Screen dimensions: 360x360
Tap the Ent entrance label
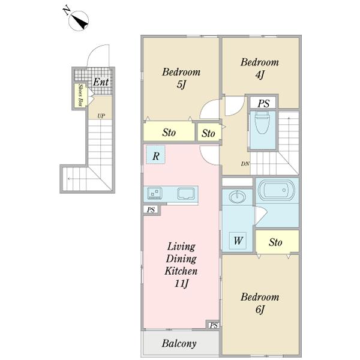coord(101,82)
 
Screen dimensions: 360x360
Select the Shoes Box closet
coord(80,95)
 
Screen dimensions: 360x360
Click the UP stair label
coord(101,116)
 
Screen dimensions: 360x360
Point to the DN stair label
coord(245,164)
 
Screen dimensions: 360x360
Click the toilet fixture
coord(262,122)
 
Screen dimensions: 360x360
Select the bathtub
coord(277,190)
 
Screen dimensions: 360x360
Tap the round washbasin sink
coord(238,197)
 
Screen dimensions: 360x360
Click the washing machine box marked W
coord(238,241)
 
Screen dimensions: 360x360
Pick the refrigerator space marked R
coord(155,154)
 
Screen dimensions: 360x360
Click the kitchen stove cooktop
coord(155,193)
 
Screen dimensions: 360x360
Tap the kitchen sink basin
coord(186,193)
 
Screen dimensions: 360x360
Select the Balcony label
coord(179,344)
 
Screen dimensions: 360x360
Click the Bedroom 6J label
coord(260,303)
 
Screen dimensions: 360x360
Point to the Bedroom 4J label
coord(260,68)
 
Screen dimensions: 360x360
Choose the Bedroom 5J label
coord(181,78)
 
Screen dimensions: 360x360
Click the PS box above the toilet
coord(263,103)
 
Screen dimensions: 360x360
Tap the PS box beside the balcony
coord(214,325)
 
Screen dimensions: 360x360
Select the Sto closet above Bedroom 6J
coord(277,242)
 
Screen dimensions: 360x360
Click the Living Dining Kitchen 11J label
coord(181,265)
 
